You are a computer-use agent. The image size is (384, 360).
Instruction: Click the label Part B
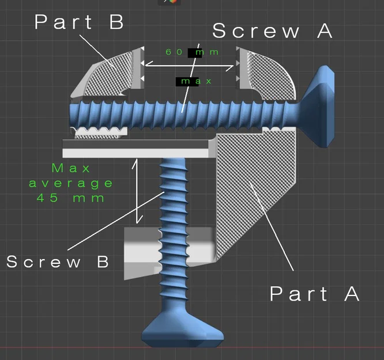click(x=79, y=22)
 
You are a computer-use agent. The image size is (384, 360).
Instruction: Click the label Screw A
click(x=272, y=31)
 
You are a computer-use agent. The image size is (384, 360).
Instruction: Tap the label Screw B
click(x=57, y=262)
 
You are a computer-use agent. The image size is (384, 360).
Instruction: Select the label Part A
click(x=314, y=293)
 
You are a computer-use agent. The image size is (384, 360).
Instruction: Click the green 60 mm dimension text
click(x=192, y=52)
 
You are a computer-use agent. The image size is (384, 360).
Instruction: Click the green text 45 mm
click(x=70, y=198)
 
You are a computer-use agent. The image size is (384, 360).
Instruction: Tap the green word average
click(x=71, y=184)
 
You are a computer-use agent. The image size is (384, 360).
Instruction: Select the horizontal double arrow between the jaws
click(x=189, y=66)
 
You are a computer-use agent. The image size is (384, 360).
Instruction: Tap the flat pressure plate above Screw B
click(x=137, y=149)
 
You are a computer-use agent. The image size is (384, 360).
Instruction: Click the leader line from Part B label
click(x=98, y=52)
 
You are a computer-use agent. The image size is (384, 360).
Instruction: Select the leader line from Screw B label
click(x=116, y=221)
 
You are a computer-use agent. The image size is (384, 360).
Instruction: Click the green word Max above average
click(x=71, y=168)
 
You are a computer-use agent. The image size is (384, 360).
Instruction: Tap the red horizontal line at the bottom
click(x=192, y=347)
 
